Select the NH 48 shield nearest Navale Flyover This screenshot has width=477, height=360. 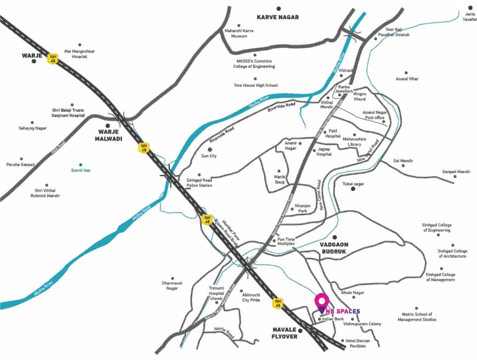278,303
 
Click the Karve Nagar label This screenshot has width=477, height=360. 278,17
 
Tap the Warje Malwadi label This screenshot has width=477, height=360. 109,135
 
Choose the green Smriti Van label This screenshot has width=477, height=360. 80,170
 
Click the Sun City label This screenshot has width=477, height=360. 209,156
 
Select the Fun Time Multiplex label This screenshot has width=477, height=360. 286,242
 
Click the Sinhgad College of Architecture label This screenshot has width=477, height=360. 452,254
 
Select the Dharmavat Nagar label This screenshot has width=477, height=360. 173,285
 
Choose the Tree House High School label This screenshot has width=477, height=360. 256,85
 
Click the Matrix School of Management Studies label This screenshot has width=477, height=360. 416,317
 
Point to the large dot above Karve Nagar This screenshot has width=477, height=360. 278,8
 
